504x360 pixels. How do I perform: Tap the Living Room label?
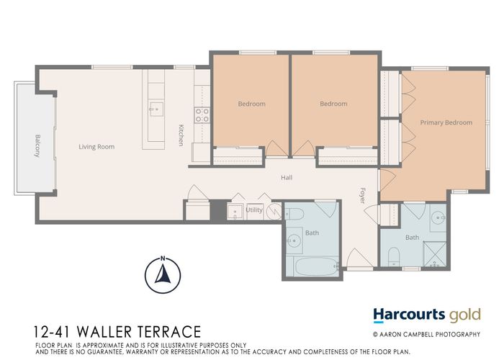[x=96, y=147]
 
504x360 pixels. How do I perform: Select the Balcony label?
[x=37, y=146]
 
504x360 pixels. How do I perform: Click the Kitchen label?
[x=182, y=135]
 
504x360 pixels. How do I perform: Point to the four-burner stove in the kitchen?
[x=202, y=115]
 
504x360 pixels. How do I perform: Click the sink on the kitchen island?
[x=153, y=110]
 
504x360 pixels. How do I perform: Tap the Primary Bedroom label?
[x=446, y=122]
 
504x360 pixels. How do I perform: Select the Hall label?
[x=287, y=178]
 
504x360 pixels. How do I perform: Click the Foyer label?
[x=363, y=195]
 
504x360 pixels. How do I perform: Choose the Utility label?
[x=254, y=210]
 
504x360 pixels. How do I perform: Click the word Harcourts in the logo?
[x=408, y=315]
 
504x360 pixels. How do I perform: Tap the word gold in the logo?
[x=464, y=315]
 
